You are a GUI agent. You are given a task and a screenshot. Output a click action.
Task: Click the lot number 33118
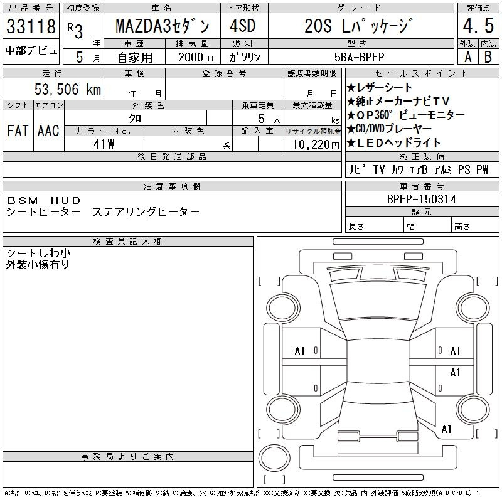31,26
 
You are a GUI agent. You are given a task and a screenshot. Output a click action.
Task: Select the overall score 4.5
478,26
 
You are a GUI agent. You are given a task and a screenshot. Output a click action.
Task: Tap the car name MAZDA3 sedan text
163,26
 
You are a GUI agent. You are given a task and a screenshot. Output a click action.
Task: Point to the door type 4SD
243,26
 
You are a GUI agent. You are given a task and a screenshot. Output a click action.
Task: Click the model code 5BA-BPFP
359,57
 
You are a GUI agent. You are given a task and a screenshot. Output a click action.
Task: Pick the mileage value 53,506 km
68,89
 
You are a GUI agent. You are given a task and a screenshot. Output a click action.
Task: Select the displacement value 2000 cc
197,57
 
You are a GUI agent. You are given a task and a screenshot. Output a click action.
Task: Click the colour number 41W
104,144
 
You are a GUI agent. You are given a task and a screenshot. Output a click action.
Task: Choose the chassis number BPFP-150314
421,199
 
